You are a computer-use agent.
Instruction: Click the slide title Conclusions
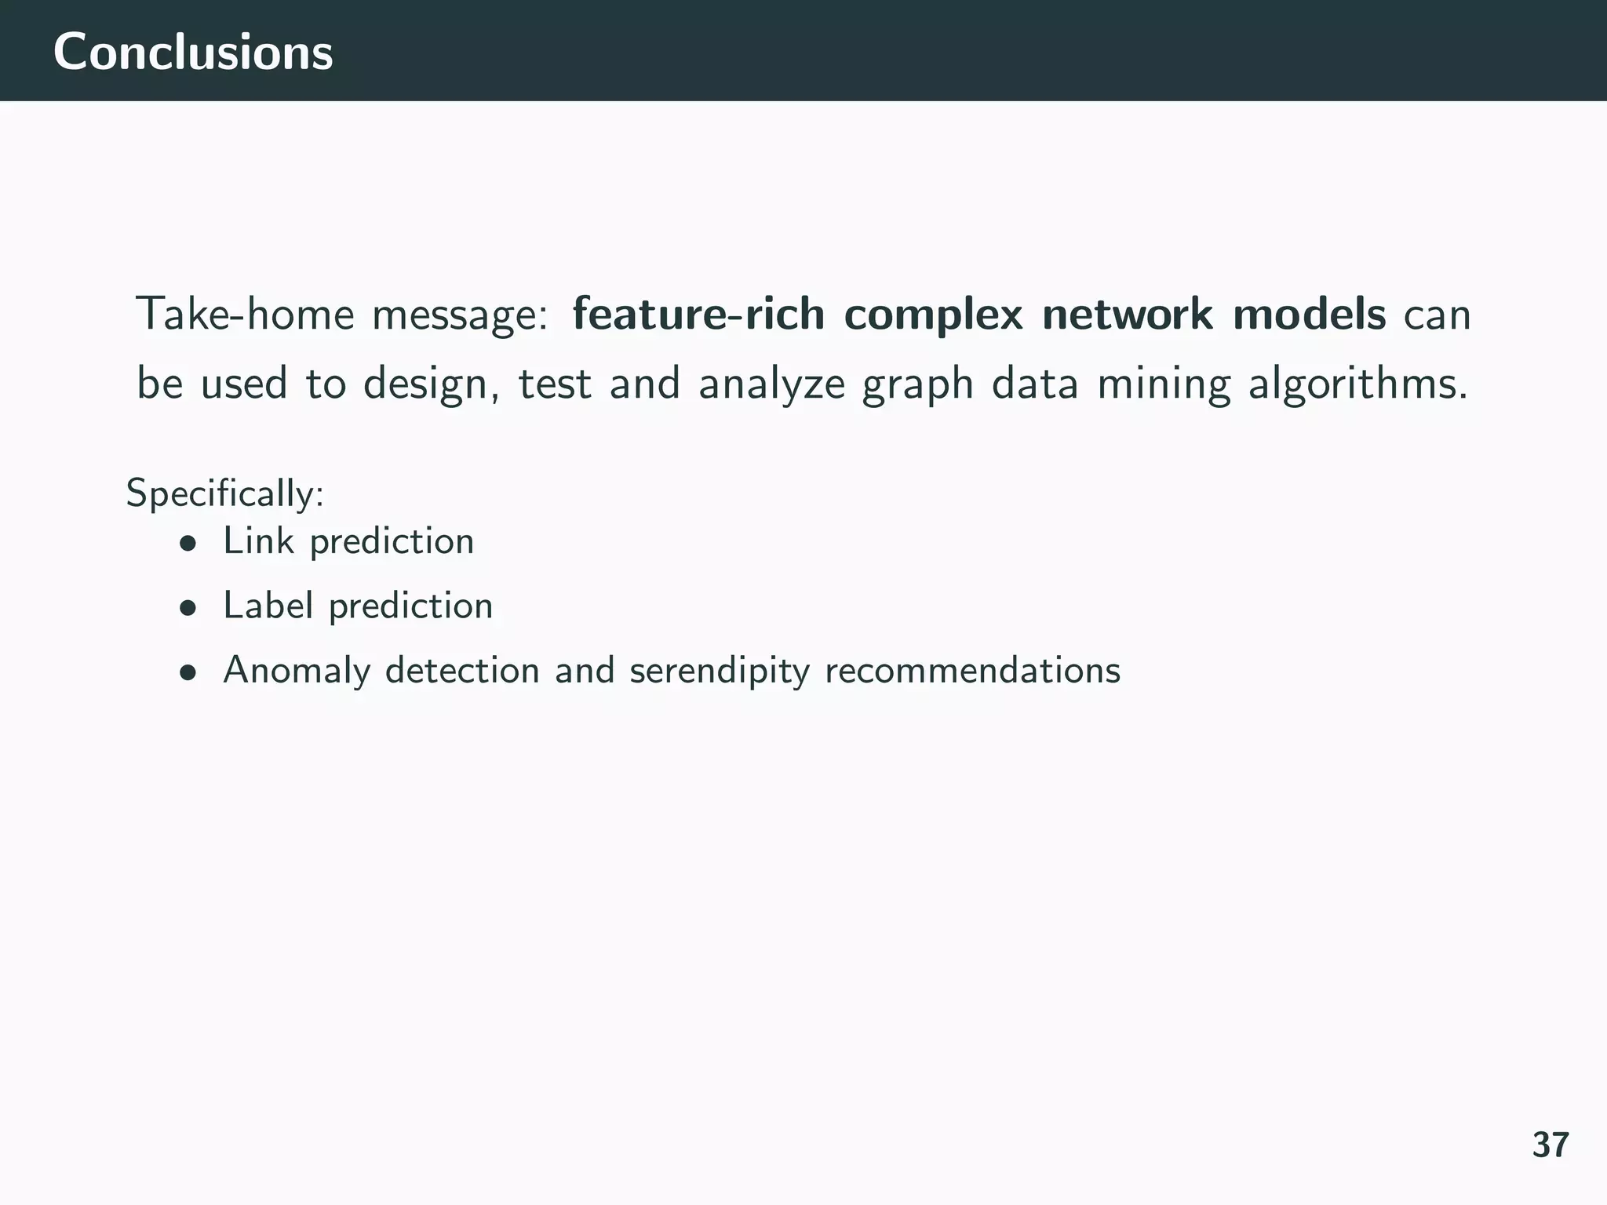point(193,53)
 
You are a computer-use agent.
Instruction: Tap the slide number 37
point(1551,1145)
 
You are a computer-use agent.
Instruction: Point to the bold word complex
point(933,315)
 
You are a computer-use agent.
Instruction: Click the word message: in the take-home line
point(460,315)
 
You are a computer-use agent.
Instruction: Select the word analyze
point(772,384)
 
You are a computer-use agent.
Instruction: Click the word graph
point(917,386)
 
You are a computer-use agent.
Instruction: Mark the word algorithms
point(1357,384)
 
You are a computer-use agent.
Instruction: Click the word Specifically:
point(225,494)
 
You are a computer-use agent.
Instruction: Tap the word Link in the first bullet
point(258,541)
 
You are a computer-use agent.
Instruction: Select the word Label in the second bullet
point(268,605)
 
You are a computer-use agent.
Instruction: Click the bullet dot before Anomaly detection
point(187,672)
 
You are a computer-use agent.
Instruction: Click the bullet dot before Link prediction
point(187,543)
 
